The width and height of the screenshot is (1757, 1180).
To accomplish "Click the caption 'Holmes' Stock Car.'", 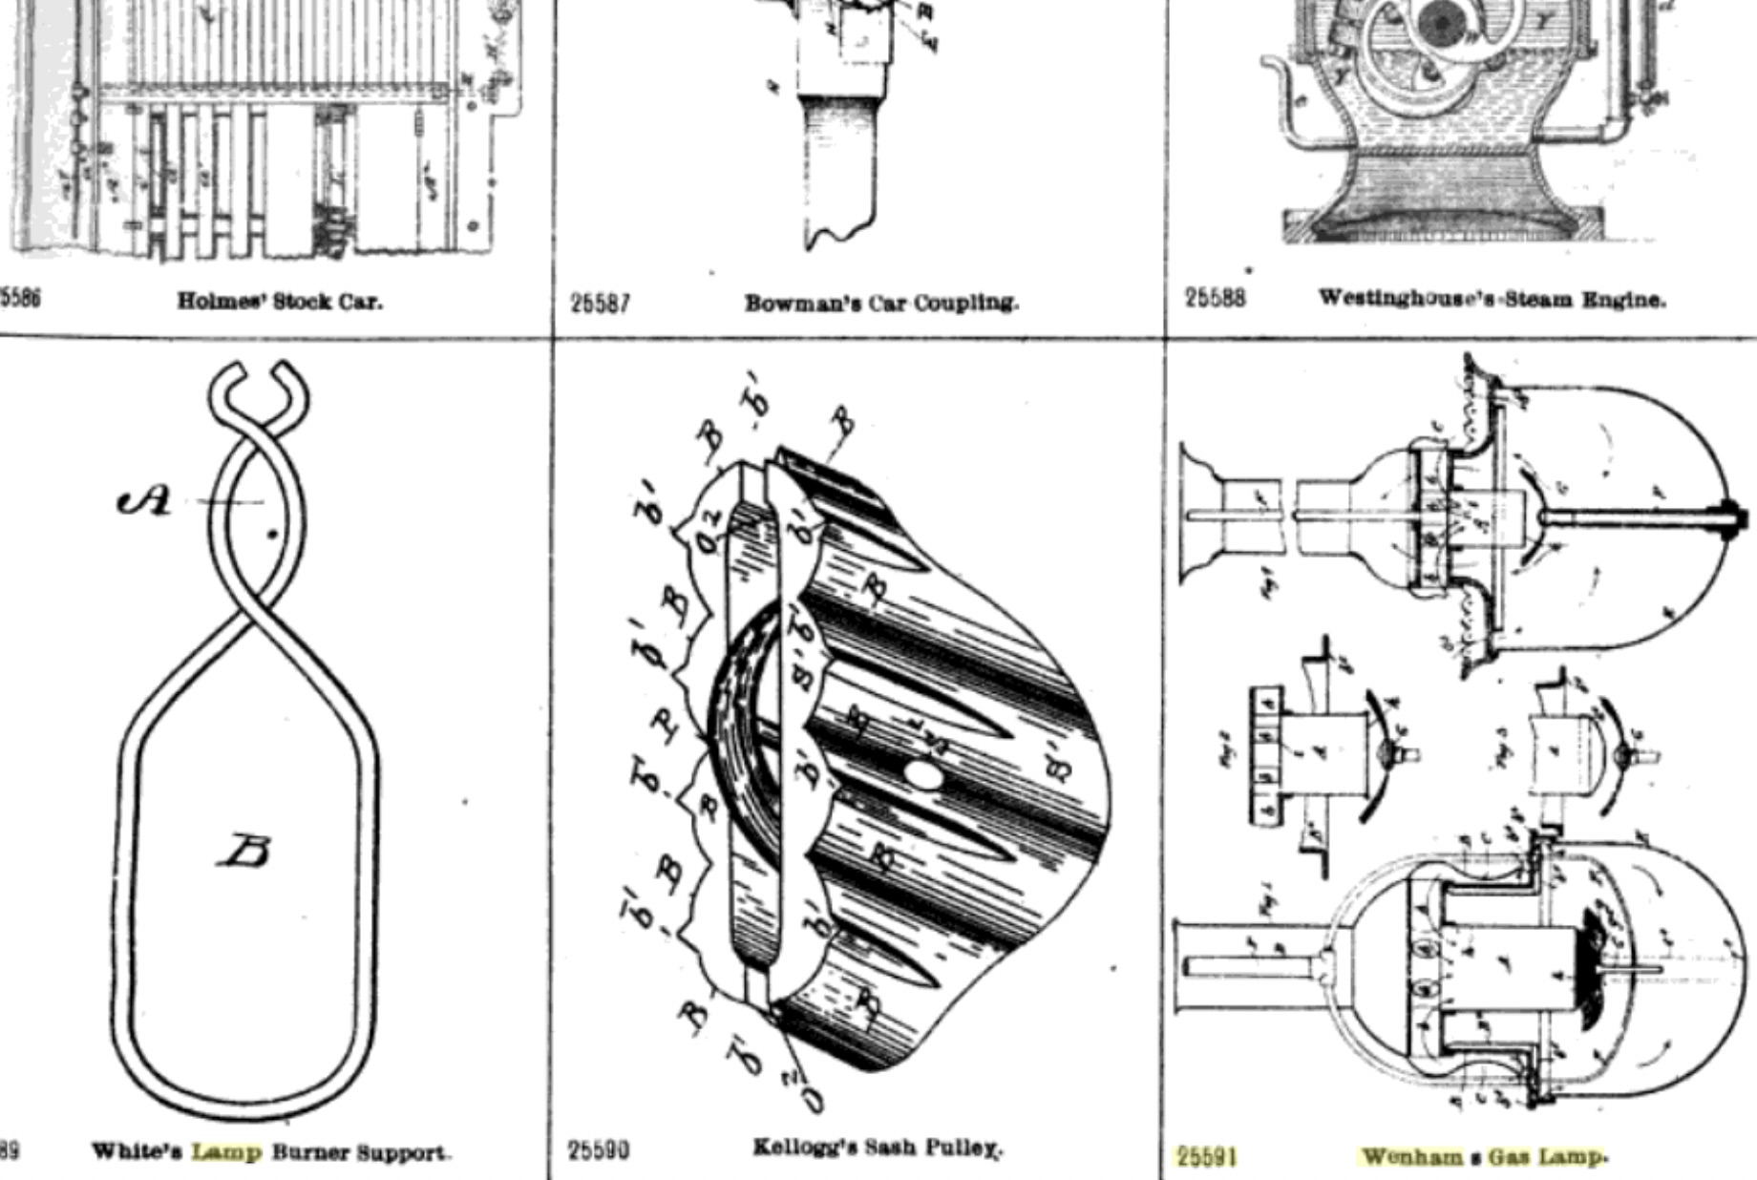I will [x=280, y=302].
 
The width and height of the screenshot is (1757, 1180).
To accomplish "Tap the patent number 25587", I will [x=600, y=304].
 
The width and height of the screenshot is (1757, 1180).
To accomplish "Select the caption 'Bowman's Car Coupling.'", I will [x=881, y=304].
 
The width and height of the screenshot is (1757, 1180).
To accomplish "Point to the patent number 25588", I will [x=1215, y=299].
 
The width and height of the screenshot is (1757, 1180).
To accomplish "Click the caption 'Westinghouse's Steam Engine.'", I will [x=1492, y=299].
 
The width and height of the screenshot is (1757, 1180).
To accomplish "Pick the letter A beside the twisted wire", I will [x=145, y=500].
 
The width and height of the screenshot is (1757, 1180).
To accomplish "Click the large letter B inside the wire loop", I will [x=243, y=850].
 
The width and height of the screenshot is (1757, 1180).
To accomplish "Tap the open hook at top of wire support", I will [x=258, y=382].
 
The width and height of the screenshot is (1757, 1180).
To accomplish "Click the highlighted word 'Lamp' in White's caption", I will [x=226, y=1152].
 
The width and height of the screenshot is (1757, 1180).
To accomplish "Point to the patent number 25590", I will [x=599, y=1150].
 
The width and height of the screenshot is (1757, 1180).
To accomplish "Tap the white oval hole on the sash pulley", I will [x=922, y=773].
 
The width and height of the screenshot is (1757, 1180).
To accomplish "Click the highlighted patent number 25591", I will [x=1206, y=1157].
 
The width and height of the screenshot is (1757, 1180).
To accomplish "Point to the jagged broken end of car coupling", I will [x=840, y=234].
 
